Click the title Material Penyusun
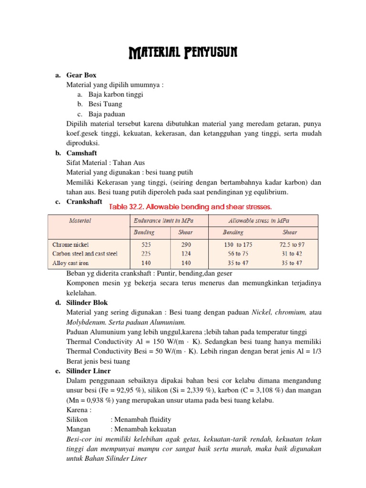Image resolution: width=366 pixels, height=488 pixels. point(183,51)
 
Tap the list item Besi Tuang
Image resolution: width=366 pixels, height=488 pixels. point(105,104)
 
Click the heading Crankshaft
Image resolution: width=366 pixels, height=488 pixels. point(84,202)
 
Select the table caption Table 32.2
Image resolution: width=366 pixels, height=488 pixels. point(191,207)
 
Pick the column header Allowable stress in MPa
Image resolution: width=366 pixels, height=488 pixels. point(259,221)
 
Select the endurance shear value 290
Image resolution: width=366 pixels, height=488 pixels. point(185,244)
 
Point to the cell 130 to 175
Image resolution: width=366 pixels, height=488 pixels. point(238,244)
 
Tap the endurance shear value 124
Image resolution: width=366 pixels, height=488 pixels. point(185,254)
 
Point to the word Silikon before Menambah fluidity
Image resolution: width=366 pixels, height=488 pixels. point(77,419)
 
